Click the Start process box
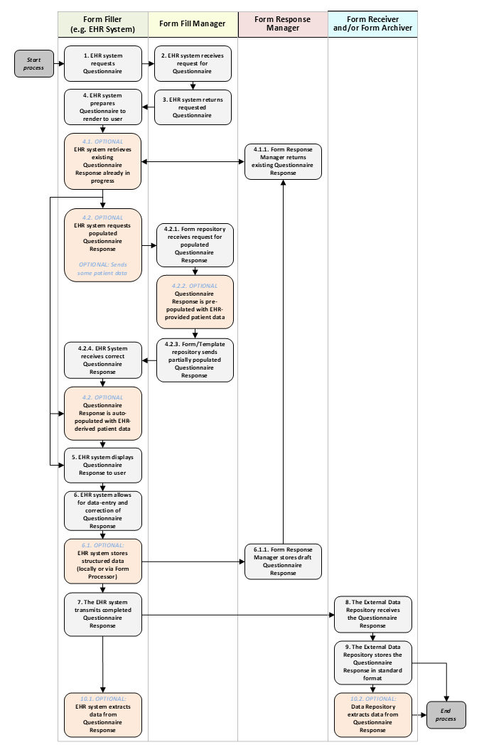34,63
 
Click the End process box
446,714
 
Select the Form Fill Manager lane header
193,24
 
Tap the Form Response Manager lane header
283,24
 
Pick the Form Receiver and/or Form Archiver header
372,24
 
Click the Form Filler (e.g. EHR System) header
103,24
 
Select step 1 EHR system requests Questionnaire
103,63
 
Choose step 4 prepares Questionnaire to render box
103,107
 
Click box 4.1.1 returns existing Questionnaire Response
283,161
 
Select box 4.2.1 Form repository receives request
195,245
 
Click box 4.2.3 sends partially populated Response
195,360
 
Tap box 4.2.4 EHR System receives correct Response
103,360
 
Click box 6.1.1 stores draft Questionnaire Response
283,562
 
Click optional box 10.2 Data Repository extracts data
373,714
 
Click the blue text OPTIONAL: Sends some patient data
104,269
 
